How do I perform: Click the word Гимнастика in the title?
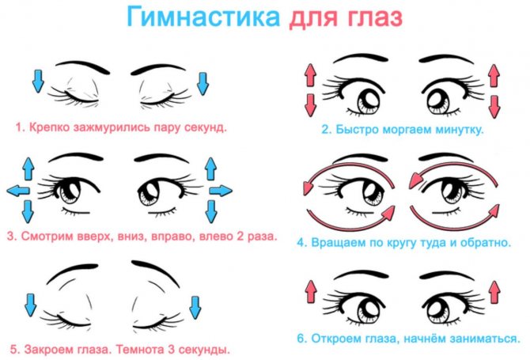point(203,17)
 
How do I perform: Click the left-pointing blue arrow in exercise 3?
point(18,191)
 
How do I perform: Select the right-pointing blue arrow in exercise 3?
point(221,191)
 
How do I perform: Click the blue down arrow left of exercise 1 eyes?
point(38,81)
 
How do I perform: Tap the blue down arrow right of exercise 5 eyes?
point(195,307)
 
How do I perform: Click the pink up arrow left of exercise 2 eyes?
point(310,74)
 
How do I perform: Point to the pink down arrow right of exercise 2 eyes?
point(494,107)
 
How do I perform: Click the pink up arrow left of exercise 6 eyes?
point(312,291)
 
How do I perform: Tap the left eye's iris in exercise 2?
point(369,102)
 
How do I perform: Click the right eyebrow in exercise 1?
point(158,69)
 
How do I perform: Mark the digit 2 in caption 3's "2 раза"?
point(240,237)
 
